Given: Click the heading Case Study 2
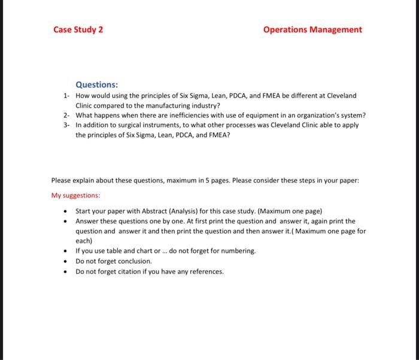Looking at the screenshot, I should click(x=78, y=29).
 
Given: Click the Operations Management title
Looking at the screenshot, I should click(x=312, y=29).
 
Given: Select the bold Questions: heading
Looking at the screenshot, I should click(x=96, y=85).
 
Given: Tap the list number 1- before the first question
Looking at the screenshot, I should click(x=67, y=96).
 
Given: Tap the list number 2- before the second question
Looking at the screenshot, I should click(x=67, y=115).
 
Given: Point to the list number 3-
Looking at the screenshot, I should click(x=67, y=125).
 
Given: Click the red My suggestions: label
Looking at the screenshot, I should click(x=75, y=195).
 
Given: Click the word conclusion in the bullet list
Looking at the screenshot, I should click(x=134, y=261).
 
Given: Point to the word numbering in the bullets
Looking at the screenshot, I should click(x=237, y=251).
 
